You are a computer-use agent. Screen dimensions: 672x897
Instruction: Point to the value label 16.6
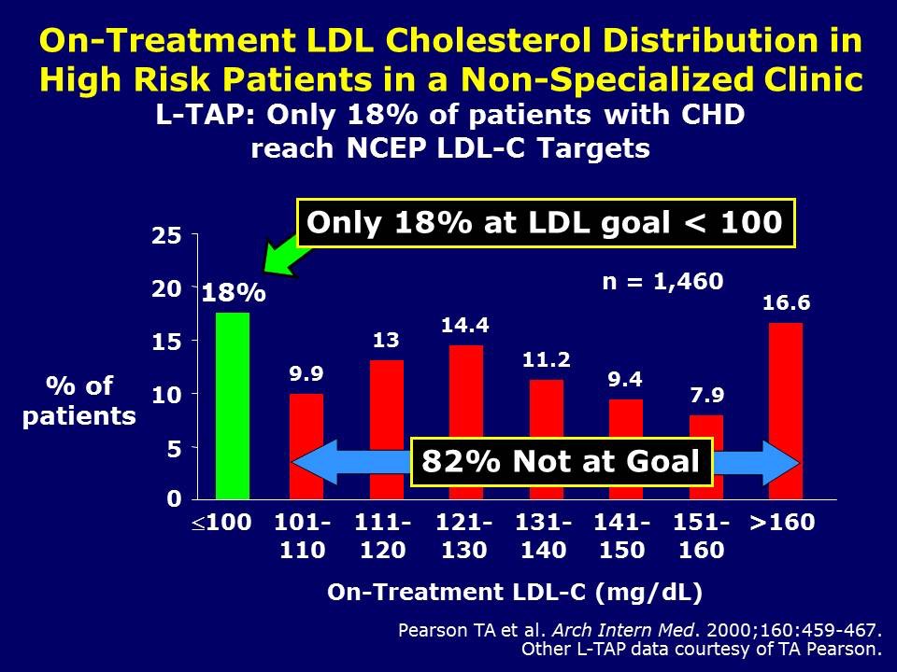(x=786, y=303)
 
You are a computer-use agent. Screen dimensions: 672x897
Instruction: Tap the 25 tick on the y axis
(x=168, y=237)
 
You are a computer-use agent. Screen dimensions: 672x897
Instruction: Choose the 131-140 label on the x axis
(x=544, y=536)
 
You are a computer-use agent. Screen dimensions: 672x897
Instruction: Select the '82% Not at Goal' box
(x=561, y=461)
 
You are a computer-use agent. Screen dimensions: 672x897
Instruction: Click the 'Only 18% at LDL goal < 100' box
(x=545, y=223)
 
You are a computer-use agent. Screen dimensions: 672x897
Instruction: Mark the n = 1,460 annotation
(x=662, y=281)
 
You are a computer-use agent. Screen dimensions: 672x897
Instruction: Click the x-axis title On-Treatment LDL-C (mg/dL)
(x=514, y=592)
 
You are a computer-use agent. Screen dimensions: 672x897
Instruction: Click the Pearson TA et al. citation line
(x=639, y=630)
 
